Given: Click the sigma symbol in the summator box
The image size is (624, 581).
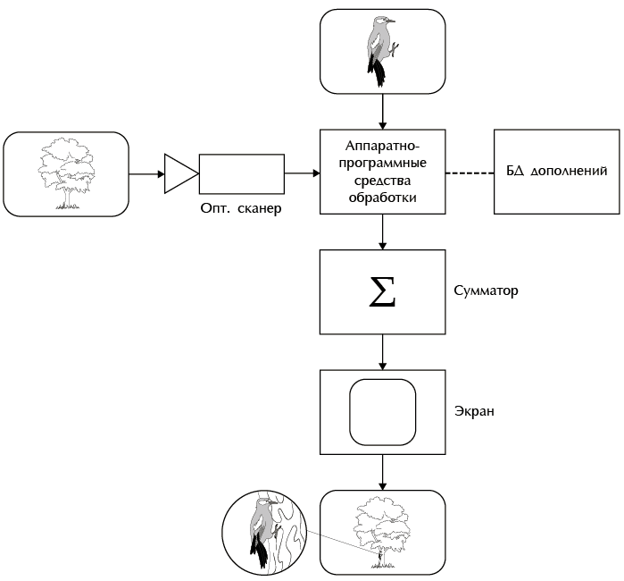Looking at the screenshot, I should (x=382, y=292).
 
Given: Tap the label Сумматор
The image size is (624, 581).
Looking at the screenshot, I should (x=487, y=290).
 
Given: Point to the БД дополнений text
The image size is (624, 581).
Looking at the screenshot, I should (x=557, y=171).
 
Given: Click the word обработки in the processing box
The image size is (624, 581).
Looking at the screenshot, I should (x=382, y=199).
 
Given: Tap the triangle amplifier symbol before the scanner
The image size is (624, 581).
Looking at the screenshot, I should (x=179, y=173).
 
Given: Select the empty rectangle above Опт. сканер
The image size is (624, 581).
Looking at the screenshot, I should (x=241, y=173).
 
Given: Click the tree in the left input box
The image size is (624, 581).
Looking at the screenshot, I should (x=67, y=173).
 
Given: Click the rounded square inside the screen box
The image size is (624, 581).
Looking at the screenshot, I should (x=383, y=412).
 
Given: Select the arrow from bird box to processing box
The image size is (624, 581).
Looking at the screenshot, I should (x=383, y=111).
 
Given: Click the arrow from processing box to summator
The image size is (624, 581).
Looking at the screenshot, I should (x=383, y=232).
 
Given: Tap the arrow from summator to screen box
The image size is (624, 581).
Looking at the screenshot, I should (x=383, y=352).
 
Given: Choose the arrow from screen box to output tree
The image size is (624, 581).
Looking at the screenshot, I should (x=383, y=471).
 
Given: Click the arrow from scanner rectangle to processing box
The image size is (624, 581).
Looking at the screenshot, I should (x=302, y=173).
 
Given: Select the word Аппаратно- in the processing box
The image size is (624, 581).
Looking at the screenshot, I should (x=382, y=145).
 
